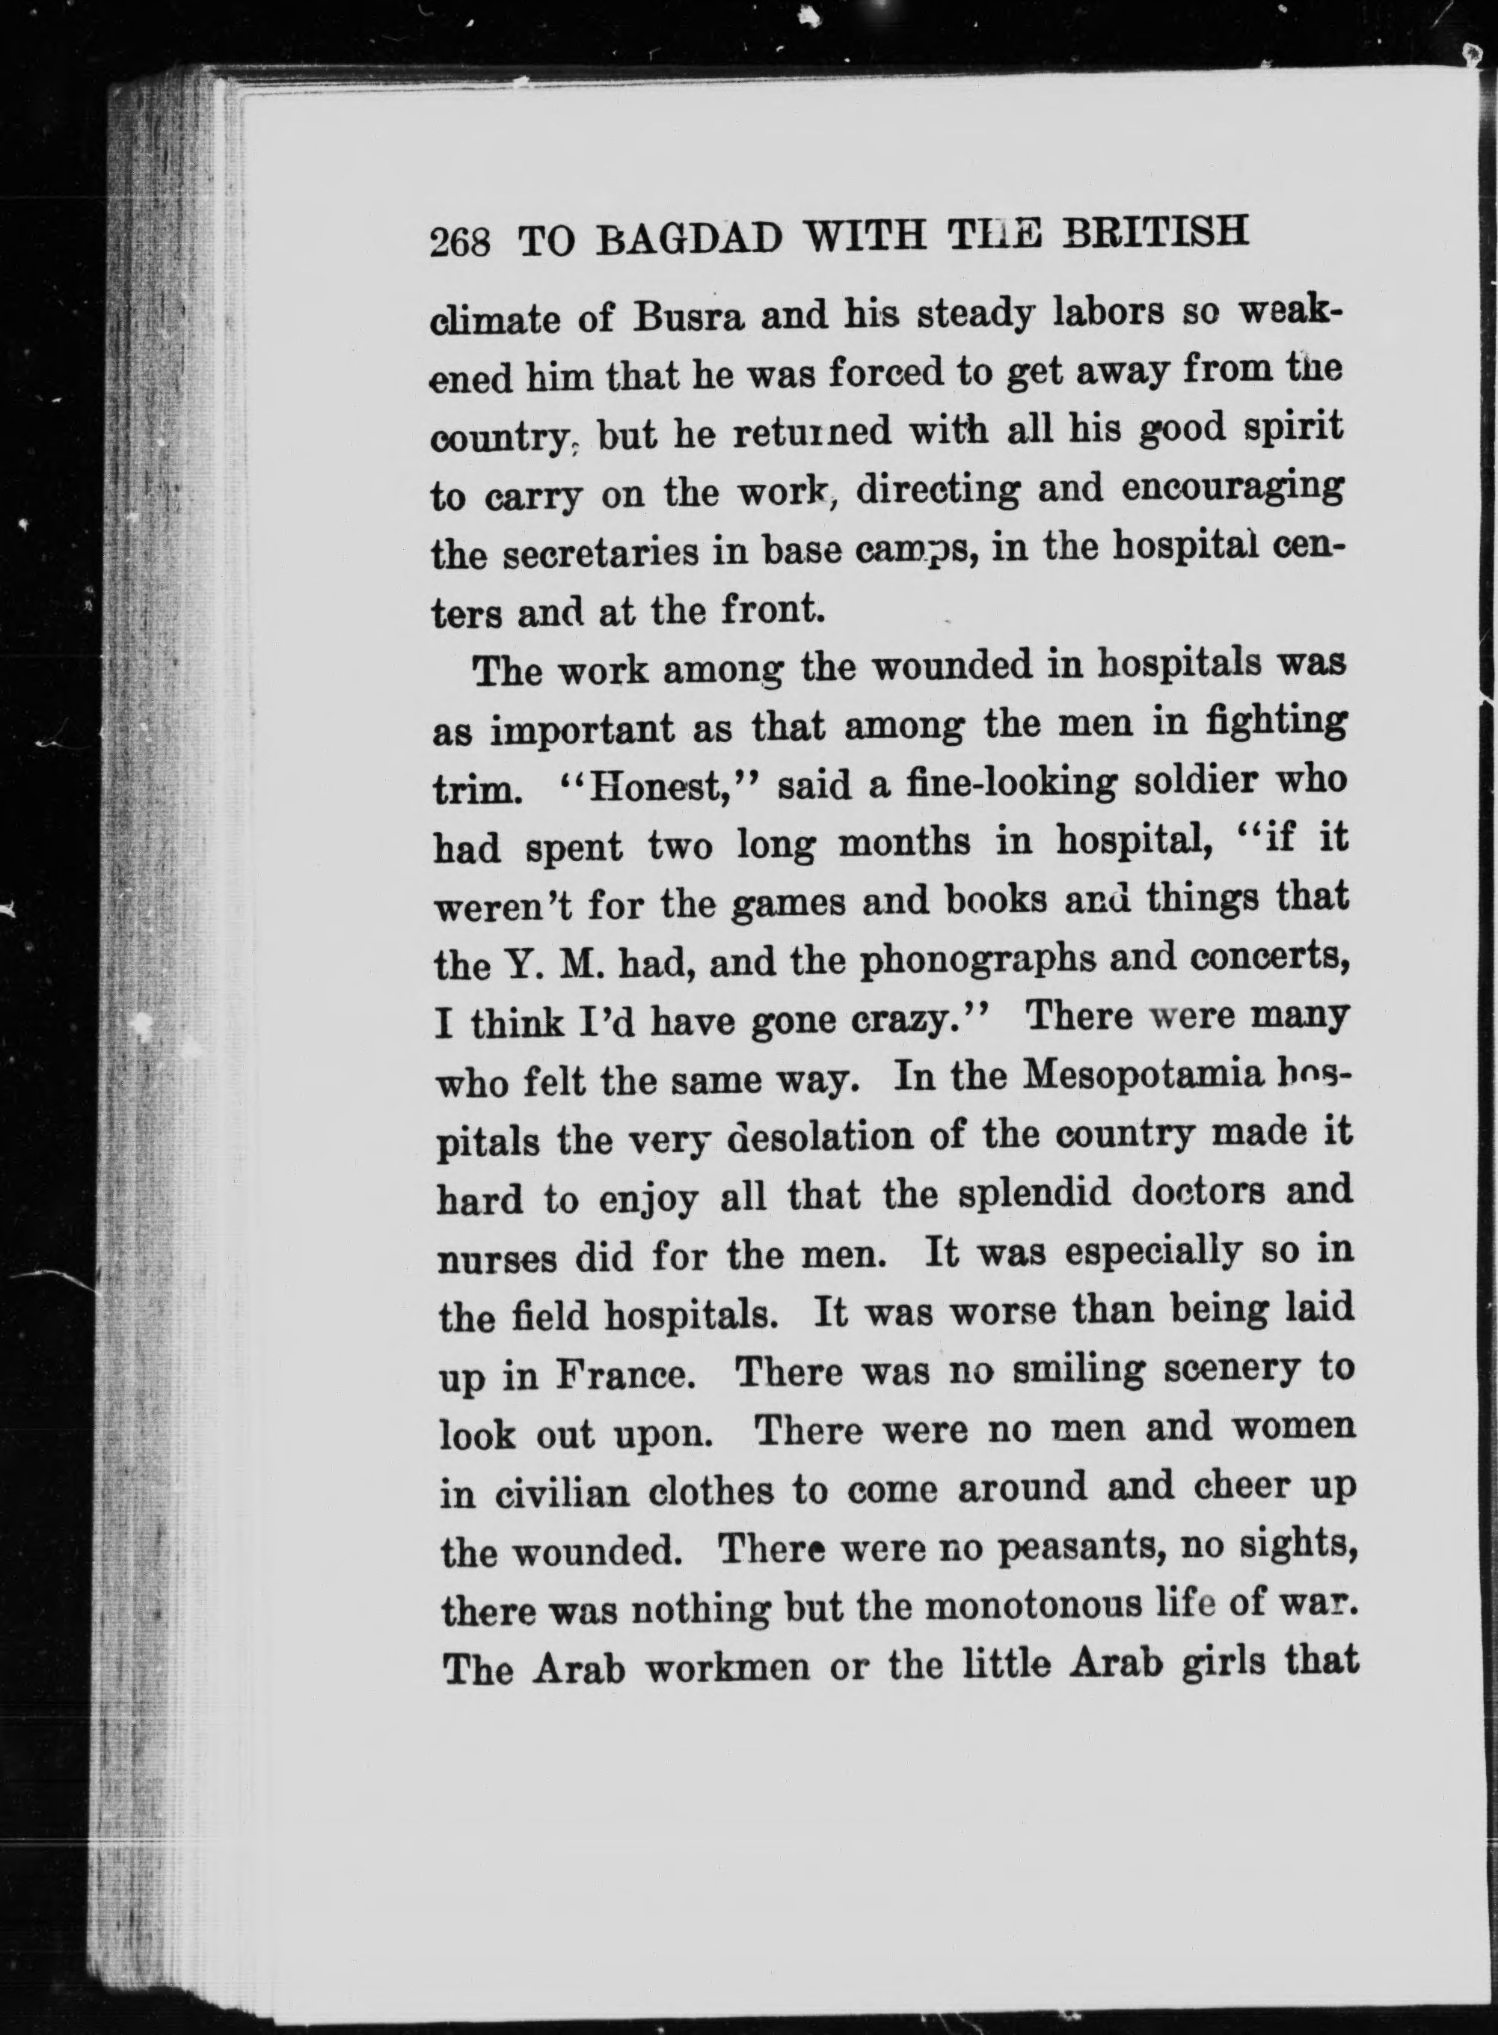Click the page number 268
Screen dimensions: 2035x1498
(x=460, y=244)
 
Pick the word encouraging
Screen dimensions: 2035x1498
(x=1232, y=490)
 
